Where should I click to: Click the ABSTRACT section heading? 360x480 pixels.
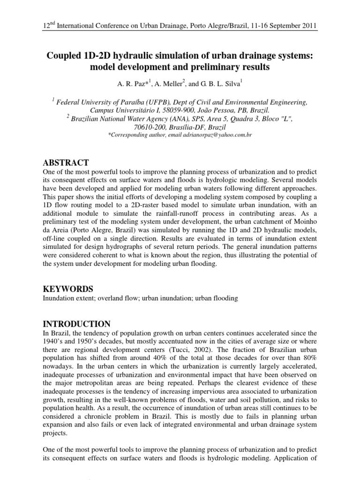click(x=66, y=163)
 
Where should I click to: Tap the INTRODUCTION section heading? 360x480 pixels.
click(x=76, y=324)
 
